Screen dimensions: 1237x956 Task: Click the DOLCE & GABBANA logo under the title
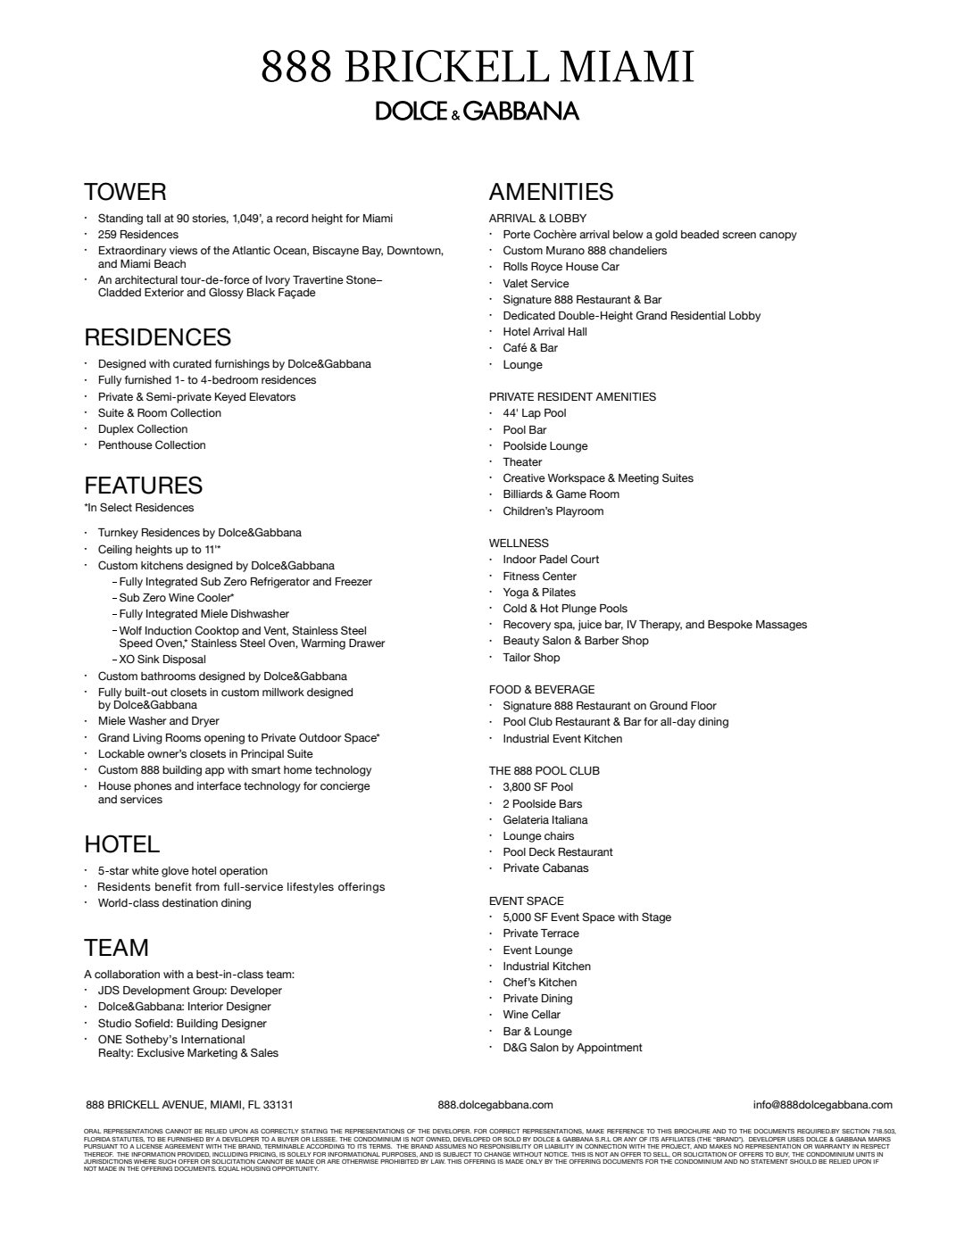point(477,111)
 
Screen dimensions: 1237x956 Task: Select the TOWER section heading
point(125,192)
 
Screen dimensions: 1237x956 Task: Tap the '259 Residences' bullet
point(138,235)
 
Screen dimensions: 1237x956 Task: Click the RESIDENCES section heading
point(157,337)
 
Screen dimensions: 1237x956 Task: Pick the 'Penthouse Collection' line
point(152,445)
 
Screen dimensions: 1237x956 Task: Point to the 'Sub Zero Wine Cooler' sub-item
point(177,598)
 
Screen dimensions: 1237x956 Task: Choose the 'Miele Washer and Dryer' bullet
point(158,721)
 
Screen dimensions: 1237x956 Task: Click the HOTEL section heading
point(121,844)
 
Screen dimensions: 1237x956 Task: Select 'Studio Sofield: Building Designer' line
point(182,1024)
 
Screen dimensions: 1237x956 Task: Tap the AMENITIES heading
point(551,192)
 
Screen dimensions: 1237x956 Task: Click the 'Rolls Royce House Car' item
point(561,267)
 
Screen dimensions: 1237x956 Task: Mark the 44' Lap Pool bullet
point(534,413)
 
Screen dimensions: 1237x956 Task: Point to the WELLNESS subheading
point(519,543)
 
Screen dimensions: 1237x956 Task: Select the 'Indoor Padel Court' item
point(551,560)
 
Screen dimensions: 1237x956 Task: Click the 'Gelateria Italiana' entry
point(545,820)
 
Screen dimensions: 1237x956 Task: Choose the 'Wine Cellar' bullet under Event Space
point(531,1015)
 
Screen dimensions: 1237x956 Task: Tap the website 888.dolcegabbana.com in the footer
point(495,1105)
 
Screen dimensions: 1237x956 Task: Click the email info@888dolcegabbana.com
point(822,1105)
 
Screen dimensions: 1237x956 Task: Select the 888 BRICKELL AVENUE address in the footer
point(189,1105)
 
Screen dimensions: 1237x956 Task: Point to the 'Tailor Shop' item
point(531,658)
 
